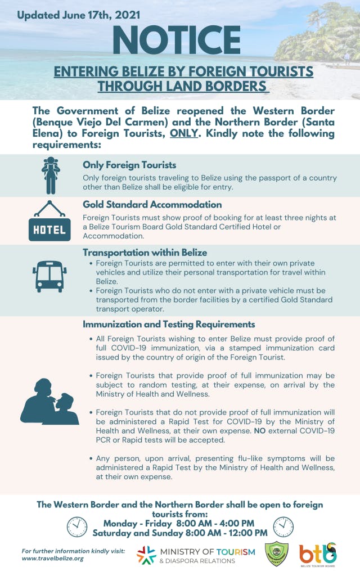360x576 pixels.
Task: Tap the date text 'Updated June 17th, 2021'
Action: click(x=79, y=15)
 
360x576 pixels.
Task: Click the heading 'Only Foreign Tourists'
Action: click(x=129, y=165)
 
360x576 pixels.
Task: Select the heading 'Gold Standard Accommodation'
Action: click(x=152, y=204)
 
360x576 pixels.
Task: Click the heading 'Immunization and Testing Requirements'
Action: click(x=169, y=324)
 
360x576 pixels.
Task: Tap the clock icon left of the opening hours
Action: click(x=77, y=526)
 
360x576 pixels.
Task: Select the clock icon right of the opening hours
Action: click(x=283, y=526)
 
